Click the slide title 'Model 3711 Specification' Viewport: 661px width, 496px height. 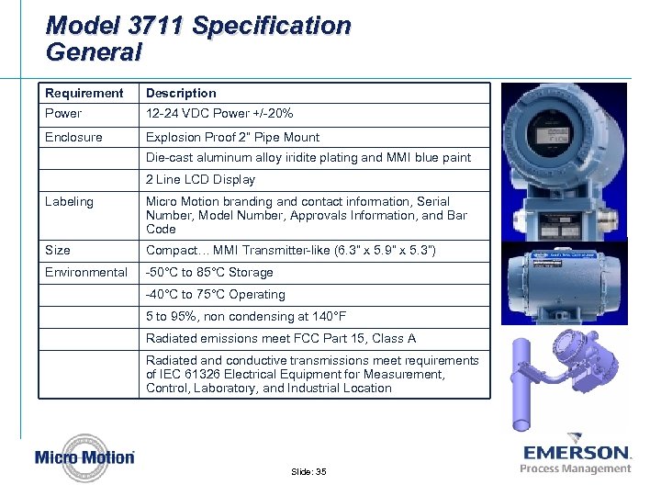point(198,25)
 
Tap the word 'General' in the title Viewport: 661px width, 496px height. point(94,52)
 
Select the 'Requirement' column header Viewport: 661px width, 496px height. point(84,93)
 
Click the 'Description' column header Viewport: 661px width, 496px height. point(181,93)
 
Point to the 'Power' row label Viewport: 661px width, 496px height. point(63,114)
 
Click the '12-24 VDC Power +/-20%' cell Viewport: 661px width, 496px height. point(219,114)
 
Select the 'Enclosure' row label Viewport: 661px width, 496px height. point(73,137)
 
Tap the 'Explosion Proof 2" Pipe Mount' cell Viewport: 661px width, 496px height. point(232,137)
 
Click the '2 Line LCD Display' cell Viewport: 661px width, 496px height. point(200,180)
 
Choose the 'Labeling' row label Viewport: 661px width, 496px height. point(69,201)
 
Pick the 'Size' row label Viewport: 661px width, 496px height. point(58,250)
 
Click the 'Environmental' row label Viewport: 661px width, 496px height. point(86,272)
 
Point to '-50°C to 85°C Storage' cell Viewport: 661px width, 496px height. point(209,272)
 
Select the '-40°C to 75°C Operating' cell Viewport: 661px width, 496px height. point(215,295)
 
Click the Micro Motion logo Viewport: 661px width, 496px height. point(84,457)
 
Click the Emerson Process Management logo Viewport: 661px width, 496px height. point(576,457)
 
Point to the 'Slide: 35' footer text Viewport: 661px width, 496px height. point(308,471)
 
